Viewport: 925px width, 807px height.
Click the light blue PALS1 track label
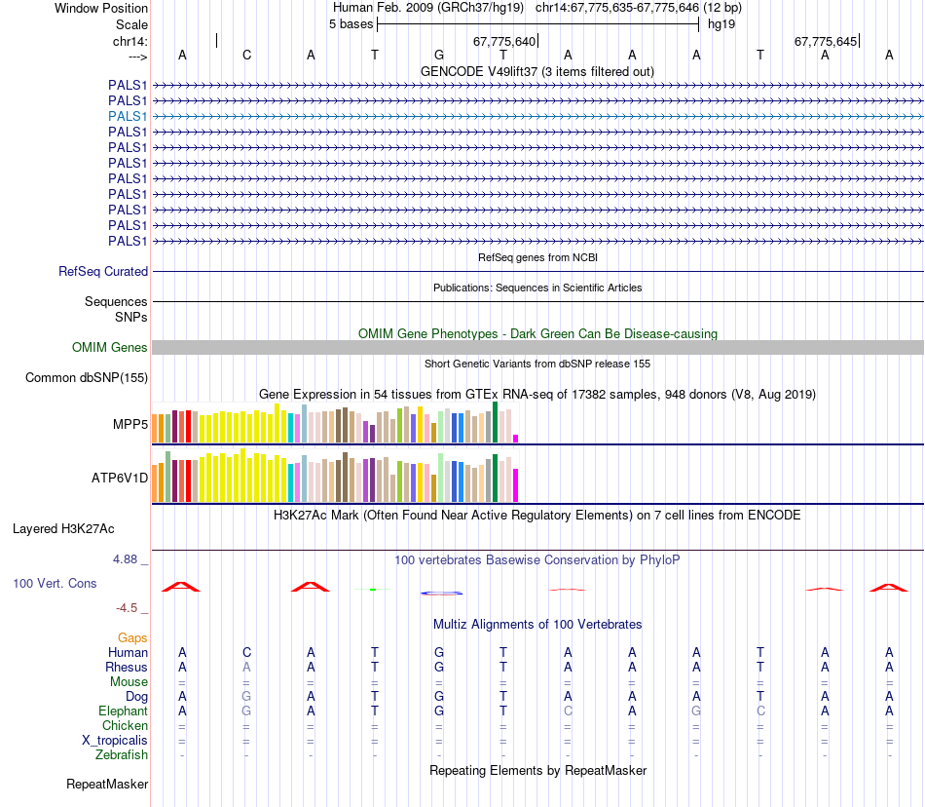point(128,116)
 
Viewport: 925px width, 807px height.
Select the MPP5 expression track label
point(130,424)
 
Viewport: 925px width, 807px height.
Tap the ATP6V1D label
point(120,478)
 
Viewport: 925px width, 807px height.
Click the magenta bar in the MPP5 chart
point(516,438)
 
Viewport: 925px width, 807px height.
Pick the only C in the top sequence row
point(246,55)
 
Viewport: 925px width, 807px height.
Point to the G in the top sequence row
point(439,55)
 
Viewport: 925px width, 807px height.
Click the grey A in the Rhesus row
point(246,667)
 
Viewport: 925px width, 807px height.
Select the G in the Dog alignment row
point(246,697)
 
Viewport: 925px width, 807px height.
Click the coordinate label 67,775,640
point(504,41)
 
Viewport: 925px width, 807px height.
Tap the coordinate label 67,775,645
point(826,41)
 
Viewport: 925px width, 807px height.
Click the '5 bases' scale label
point(351,24)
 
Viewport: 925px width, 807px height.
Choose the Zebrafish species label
point(122,754)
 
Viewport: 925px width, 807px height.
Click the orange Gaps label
point(132,637)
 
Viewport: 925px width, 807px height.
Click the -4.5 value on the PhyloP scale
point(127,608)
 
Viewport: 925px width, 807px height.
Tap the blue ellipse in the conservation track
point(440,593)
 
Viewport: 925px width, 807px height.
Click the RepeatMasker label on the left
point(107,784)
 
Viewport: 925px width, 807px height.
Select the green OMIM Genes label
point(110,347)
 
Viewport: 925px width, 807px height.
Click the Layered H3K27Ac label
point(63,529)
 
